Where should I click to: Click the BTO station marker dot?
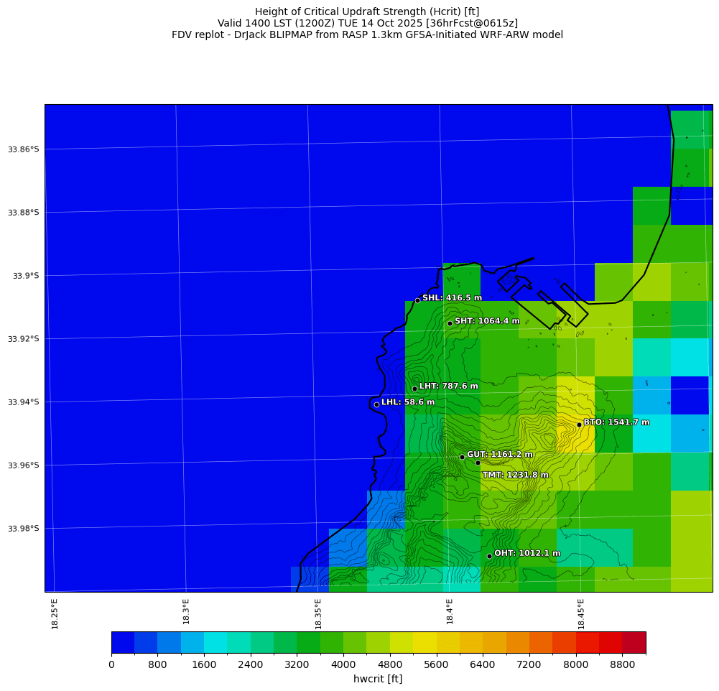[x=579, y=425]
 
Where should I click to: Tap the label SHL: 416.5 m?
[x=452, y=298]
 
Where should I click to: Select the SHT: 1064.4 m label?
[x=487, y=321]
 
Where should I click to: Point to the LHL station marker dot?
[x=376, y=404]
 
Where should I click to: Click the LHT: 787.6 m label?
[x=448, y=386]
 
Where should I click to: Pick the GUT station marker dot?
[x=462, y=457]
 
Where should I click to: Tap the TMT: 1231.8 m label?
[x=515, y=475]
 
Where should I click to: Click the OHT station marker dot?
[x=489, y=556]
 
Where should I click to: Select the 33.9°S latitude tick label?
[x=25, y=276]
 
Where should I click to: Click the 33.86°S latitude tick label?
[x=23, y=149]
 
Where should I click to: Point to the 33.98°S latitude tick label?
[x=23, y=529]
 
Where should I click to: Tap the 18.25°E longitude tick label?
[x=55, y=613]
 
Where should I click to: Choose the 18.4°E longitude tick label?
[x=450, y=613]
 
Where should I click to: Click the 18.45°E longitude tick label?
[x=581, y=613]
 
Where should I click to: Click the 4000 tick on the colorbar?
[x=343, y=665]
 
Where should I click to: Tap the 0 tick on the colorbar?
[x=111, y=665]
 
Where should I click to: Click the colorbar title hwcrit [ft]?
[x=378, y=679]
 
